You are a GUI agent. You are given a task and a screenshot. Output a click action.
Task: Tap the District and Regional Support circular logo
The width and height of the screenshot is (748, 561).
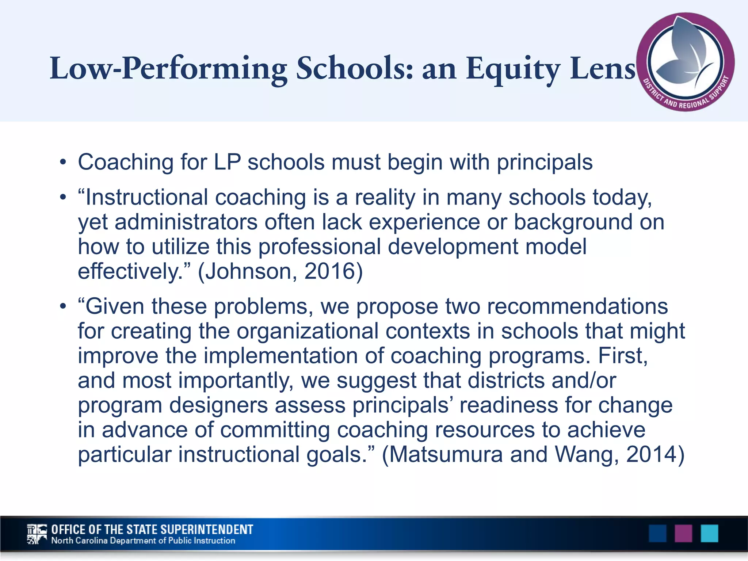tap(685, 62)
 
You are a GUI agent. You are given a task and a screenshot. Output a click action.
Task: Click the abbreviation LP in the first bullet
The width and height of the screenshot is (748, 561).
tap(227, 162)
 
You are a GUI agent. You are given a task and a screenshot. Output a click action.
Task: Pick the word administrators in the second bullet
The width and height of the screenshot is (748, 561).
tap(186, 222)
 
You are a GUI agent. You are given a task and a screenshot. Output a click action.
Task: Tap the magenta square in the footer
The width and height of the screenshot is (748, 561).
tap(683, 534)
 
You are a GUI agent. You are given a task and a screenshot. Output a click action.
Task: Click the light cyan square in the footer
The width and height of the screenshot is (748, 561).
tap(709, 534)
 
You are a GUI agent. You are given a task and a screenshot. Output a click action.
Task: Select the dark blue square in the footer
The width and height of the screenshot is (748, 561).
tap(657, 534)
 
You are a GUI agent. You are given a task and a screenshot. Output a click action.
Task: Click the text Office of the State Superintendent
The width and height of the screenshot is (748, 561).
tap(152, 530)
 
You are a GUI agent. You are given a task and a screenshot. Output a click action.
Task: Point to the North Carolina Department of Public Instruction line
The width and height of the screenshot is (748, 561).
tap(143, 541)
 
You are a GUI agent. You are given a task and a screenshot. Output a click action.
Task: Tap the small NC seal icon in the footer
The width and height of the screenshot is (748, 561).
tap(37, 534)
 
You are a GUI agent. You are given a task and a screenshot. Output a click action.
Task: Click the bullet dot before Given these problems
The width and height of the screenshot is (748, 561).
tap(63, 306)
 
